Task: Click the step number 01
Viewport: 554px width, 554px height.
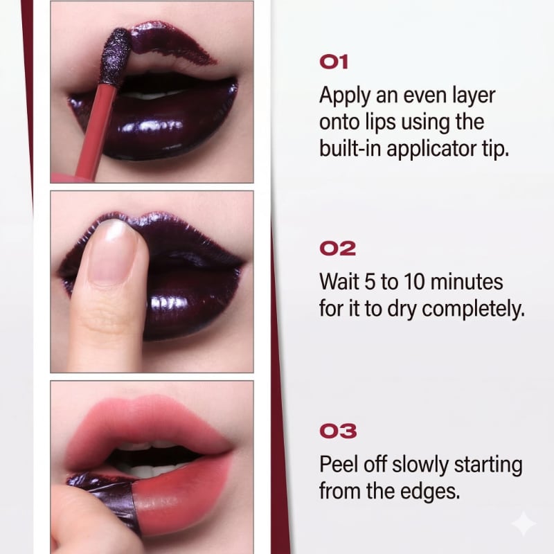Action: point(334,62)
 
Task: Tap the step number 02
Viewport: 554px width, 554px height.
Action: point(337,249)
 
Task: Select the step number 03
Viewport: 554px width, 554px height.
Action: point(338,431)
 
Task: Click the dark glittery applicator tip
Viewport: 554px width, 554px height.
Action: point(115,57)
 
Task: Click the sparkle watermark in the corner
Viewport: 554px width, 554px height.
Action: point(524,524)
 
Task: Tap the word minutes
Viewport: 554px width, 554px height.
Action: point(467,282)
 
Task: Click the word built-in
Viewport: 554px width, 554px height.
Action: point(350,148)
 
